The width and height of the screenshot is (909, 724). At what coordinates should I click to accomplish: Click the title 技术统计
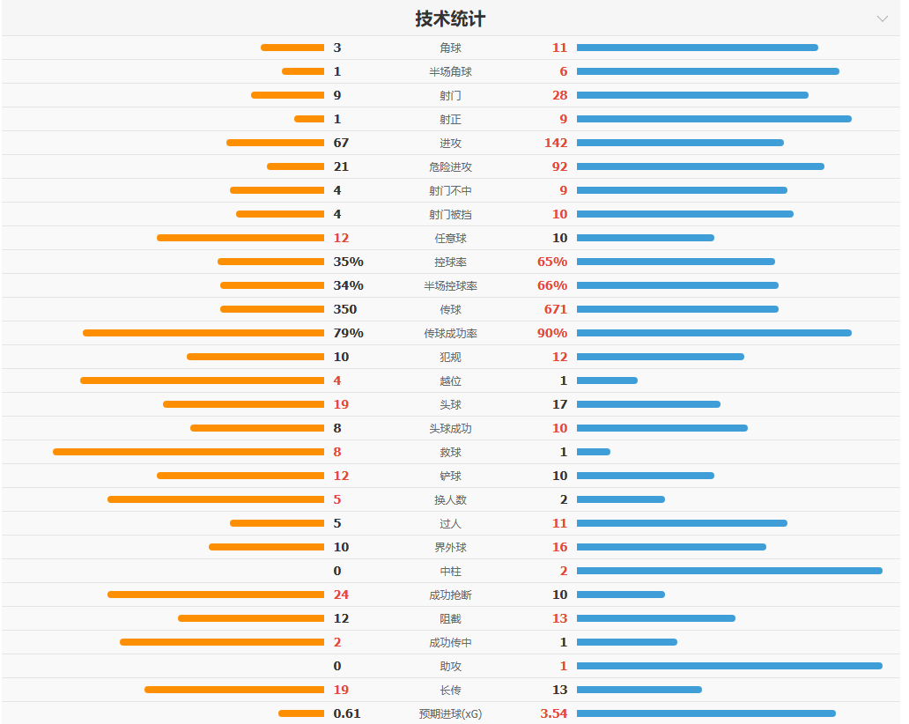[x=450, y=18]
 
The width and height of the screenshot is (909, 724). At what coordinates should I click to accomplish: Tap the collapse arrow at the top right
[x=882, y=18]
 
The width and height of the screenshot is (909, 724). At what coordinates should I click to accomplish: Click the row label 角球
[x=450, y=48]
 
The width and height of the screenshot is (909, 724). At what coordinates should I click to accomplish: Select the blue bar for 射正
[x=713, y=119]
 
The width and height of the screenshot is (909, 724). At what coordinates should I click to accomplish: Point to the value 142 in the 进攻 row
[x=556, y=143]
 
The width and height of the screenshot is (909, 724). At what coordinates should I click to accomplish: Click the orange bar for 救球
[x=188, y=452]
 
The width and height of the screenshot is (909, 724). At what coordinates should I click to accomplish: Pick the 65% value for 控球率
[x=552, y=262]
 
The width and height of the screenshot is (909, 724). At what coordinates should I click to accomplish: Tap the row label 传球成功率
[x=450, y=333]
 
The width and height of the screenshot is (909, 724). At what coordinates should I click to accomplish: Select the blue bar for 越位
[x=607, y=380]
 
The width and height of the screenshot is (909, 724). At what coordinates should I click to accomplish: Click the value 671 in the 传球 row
[x=556, y=309]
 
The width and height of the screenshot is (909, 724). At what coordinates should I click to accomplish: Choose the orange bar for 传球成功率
[x=203, y=333]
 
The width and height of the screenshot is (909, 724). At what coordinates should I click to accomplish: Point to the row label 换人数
[x=450, y=499]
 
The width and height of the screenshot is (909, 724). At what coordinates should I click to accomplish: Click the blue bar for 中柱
[x=729, y=571]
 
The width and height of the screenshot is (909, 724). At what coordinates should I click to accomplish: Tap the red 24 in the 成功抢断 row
[x=341, y=595]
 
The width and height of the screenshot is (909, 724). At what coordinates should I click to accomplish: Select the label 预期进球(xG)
[x=450, y=713]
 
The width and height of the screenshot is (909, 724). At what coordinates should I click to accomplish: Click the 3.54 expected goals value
[x=553, y=713]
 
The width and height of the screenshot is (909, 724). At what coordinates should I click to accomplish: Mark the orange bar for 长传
[x=234, y=690]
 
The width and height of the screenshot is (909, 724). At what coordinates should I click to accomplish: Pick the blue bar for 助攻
[x=729, y=666]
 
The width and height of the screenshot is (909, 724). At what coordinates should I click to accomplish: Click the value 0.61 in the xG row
[x=347, y=713]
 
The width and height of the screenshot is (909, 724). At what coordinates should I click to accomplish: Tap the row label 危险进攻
[x=450, y=166]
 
